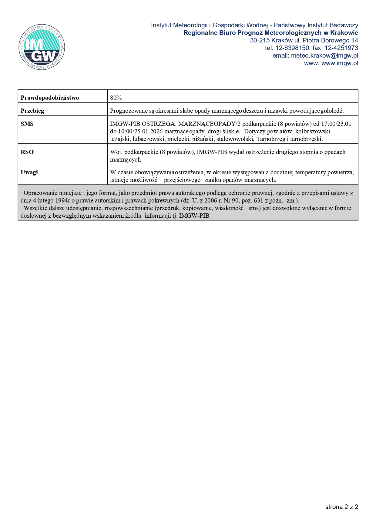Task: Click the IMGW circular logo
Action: pyautogui.click(x=42, y=47)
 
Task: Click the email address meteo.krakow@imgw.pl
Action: pyautogui.click(x=324, y=55)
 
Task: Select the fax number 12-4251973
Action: pyautogui.click(x=341, y=48)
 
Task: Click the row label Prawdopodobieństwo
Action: pyautogui.click(x=50, y=98)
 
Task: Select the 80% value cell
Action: pyautogui.click(x=116, y=98)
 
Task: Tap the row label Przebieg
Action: pyautogui.click(x=32, y=111)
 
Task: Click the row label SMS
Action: pyautogui.click(x=27, y=124)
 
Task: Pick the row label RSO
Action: pyautogui.click(x=27, y=152)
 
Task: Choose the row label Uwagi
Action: pyautogui.click(x=29, y=172)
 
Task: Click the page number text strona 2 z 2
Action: pyautogui.click(x=341, y=507)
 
